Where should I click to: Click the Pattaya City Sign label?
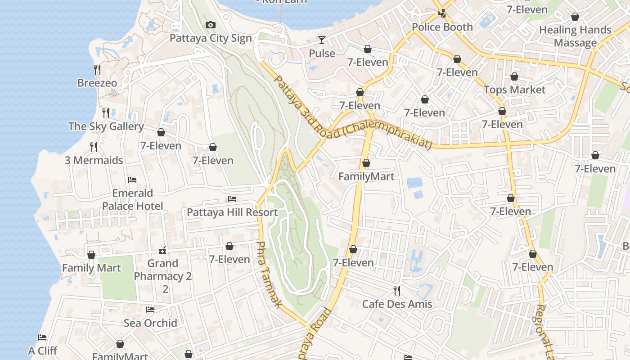tap(211, 38)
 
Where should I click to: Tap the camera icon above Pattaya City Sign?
tap(210, 25)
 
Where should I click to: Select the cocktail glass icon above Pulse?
tap(322, 40)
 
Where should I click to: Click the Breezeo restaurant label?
tap(97, 83)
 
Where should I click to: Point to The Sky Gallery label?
tap(106, 126)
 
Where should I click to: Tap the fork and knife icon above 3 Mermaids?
tap(94, 147)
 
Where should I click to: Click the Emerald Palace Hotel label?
tap(132, 199)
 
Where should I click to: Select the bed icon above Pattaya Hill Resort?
tap(232, 198)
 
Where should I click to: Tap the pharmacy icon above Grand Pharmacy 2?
tap(163, 250)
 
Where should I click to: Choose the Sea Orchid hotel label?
tap(150, 323)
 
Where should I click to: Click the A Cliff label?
tap(43, 351)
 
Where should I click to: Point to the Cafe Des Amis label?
tap(397, 304)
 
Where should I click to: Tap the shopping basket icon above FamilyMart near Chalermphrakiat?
tap(366, 163)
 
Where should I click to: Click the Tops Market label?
tap(514, 90)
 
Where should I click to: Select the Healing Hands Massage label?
tap(575, 36)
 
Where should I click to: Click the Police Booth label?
tap(442, 27)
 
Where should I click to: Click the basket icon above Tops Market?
tap(514, 76)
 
